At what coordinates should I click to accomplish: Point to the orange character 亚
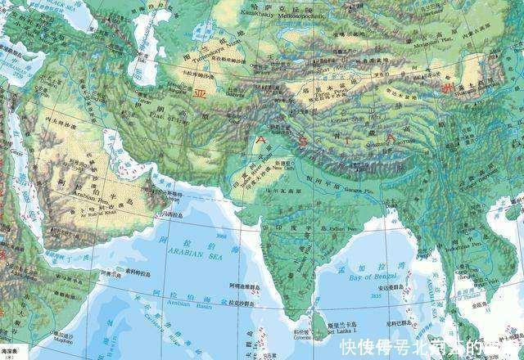coord(199,95)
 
